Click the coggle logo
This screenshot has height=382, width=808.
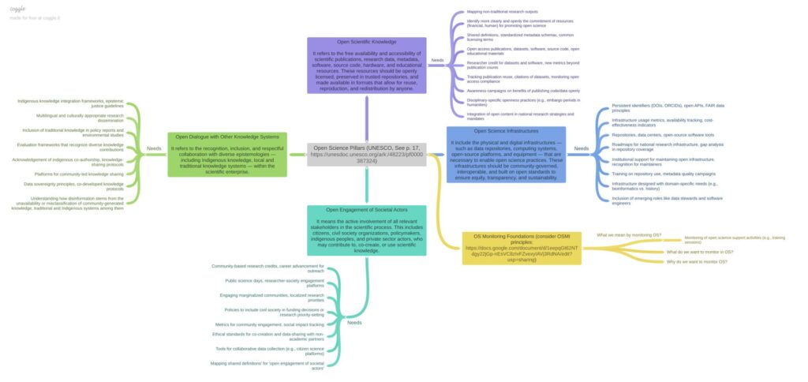[17, 9]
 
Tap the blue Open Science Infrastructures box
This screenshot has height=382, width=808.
[506, 154]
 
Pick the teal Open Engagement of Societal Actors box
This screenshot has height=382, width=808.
[367, 230]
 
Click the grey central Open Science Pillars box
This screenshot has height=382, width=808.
[367, 153]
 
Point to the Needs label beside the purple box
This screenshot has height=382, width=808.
[437, 60]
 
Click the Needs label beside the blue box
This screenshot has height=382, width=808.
[582, 148]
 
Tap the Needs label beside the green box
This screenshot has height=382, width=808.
[154, 148]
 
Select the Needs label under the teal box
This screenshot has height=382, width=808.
[355, 322]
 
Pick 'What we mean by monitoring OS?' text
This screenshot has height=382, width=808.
[629, 235]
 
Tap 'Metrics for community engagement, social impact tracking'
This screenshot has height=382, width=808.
[269, 324]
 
